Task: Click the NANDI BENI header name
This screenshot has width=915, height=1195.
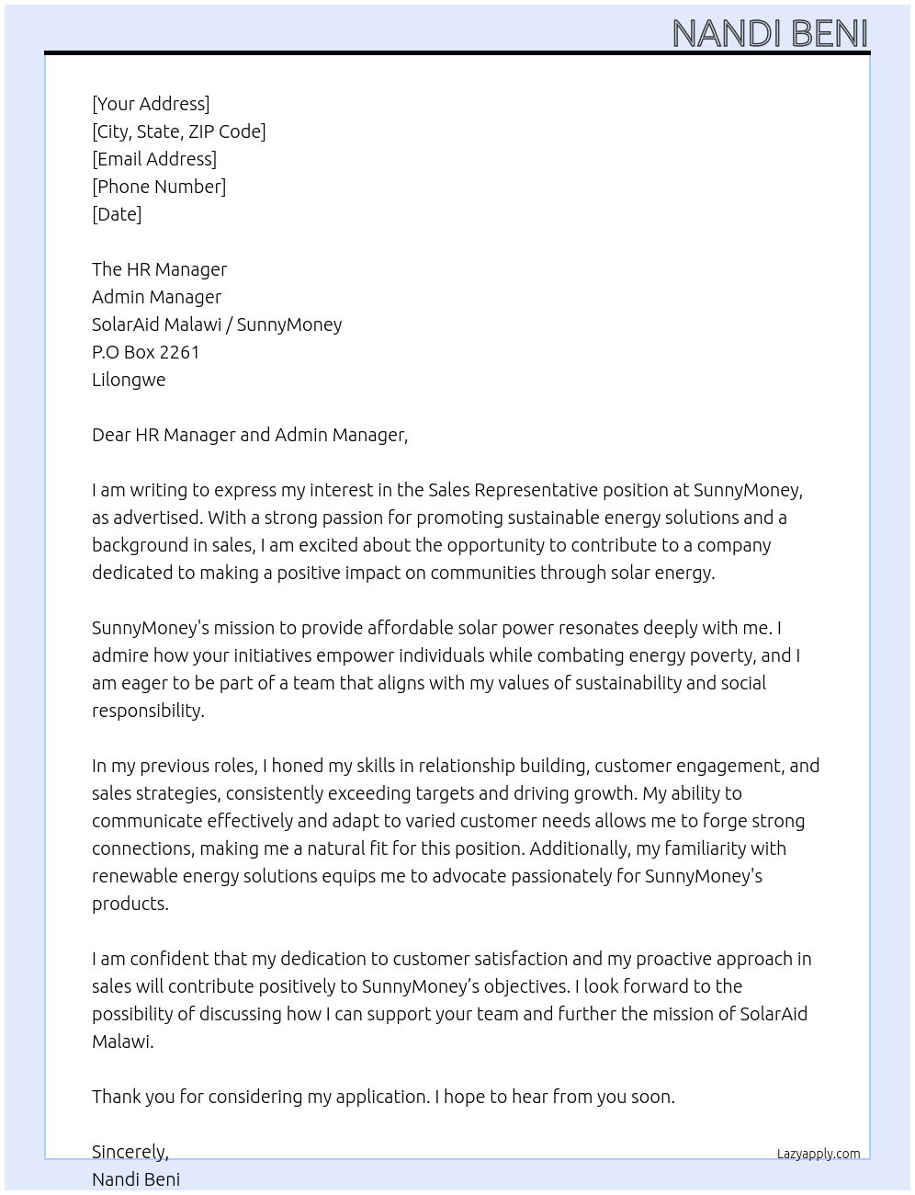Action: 770,33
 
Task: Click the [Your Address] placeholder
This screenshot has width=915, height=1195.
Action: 151,104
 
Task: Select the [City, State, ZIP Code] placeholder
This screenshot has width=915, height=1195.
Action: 178,131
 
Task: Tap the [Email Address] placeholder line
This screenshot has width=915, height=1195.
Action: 154,159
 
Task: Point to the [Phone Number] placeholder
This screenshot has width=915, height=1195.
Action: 159,187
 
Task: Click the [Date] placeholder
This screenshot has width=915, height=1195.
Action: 117,214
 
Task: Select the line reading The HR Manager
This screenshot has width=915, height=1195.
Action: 159,269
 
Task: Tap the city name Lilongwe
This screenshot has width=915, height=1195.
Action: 129,380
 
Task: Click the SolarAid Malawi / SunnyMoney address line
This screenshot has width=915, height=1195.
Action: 217,324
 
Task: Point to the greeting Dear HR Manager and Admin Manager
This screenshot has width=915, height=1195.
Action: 249,435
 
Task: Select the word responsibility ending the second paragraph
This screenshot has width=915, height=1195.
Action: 147,711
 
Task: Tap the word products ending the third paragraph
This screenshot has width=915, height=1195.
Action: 130,904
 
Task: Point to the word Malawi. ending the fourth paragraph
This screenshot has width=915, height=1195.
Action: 122,1041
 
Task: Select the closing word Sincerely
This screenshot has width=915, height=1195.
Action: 130,1152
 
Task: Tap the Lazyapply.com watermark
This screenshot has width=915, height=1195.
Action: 818,1154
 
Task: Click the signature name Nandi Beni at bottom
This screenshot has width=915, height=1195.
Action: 136,1179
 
